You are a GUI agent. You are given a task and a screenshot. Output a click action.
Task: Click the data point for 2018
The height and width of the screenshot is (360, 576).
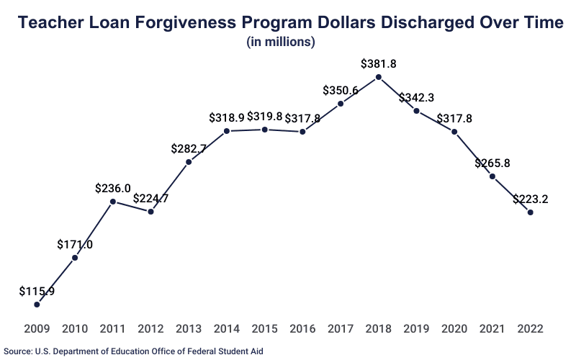(379, 77)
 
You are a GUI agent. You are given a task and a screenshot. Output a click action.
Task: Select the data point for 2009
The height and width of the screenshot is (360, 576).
(37, 305)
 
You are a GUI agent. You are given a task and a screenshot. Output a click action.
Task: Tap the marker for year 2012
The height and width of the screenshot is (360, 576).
(150, 212)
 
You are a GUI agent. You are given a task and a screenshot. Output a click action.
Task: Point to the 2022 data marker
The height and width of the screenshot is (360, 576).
(531, 212)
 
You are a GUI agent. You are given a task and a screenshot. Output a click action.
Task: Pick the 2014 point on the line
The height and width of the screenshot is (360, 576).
(227, 131)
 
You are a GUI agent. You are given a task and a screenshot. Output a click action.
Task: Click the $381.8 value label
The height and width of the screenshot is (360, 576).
(379, 63)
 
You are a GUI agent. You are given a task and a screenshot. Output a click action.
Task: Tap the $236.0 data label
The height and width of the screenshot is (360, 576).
(113, 188)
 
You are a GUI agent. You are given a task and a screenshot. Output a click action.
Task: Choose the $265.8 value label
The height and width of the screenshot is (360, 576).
(492, 163)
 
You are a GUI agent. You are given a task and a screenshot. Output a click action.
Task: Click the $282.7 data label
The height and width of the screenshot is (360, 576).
(189, 149)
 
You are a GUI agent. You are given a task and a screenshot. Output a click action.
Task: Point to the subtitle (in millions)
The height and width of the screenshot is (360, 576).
(281, 42)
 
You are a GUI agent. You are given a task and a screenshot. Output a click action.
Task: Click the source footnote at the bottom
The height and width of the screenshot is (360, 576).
(134, 351)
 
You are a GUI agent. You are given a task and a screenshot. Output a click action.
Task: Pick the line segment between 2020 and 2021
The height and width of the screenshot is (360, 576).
(474, 154)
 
